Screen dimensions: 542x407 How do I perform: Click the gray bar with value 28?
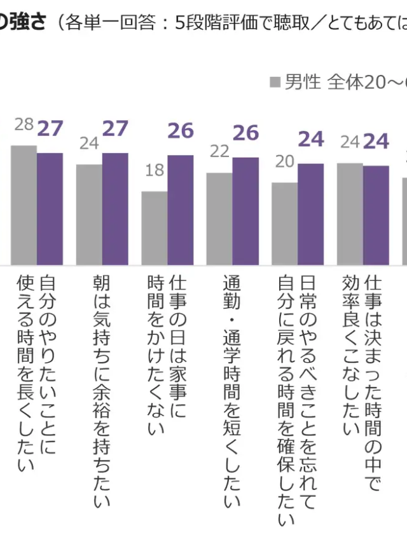tap(24, 205)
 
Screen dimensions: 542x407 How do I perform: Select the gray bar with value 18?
tap(154, 227)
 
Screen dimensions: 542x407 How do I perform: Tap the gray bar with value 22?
tap(219, 218)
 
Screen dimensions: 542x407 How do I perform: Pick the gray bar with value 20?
tap(284, 223)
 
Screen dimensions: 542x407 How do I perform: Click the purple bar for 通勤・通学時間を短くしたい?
tap(245, 210)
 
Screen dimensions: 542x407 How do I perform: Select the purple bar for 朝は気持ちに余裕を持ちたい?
tap(115, 208)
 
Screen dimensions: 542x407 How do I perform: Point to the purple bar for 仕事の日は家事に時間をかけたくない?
tap(180, 210)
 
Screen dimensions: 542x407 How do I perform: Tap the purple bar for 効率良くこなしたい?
tap(376, 215)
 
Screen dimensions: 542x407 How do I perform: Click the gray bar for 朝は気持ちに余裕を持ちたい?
tap(89, 214)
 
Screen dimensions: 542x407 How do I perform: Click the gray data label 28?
tap(24, 125)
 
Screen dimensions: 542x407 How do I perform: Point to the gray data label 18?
tap(155, 171)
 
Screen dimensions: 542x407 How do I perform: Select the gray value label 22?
tap(219, 151)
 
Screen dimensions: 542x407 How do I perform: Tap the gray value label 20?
tap(285, 161)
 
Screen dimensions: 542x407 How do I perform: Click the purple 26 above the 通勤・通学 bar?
tap(245, 132)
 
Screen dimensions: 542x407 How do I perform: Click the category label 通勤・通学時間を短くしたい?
tap(232, 391)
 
